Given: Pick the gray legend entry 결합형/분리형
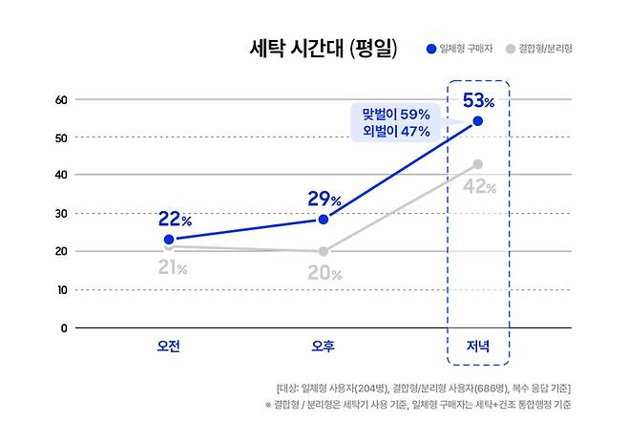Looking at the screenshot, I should (x=545, y=48).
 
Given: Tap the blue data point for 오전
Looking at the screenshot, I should (x=169, y=240).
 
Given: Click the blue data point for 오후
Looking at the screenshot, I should (x=324, y=220).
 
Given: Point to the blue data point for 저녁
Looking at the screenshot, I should (x=477, y=121).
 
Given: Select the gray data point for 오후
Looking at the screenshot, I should (x=324, y=251).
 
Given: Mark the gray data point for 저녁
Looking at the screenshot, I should (x=477, y=164).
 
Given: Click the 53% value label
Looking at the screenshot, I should (x=478, y=99).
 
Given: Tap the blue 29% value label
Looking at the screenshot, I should (x=324, y=200).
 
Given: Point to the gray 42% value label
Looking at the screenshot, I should (x=479, y=187).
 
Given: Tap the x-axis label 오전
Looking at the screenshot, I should (x=169, y=346).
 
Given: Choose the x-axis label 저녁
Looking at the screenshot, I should (x=477, y=346).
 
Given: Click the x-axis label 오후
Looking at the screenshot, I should (x=324, y=346).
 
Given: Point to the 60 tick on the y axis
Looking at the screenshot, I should (x=60, y=99).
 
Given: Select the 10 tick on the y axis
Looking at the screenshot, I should (x=60, y=289).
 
